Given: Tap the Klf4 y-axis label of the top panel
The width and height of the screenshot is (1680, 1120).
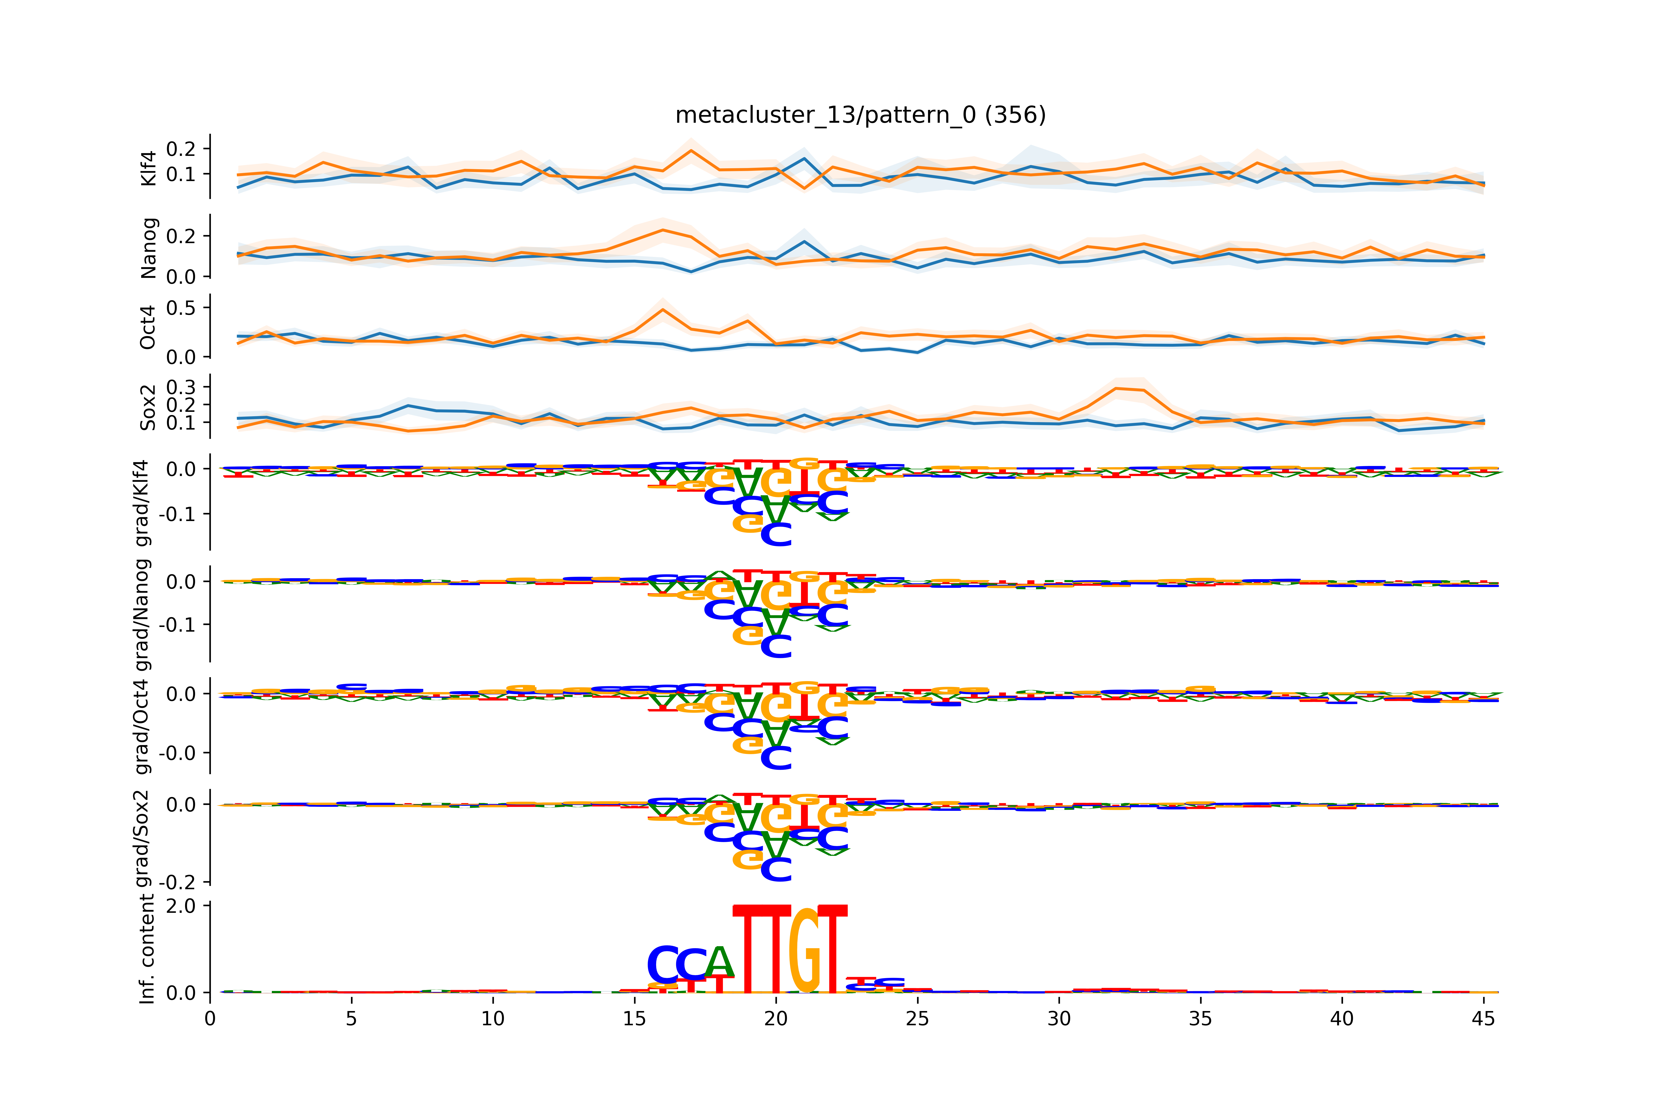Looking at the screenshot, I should (149, 168).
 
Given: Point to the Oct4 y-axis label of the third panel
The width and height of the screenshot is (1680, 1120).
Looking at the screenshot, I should (147, 327).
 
